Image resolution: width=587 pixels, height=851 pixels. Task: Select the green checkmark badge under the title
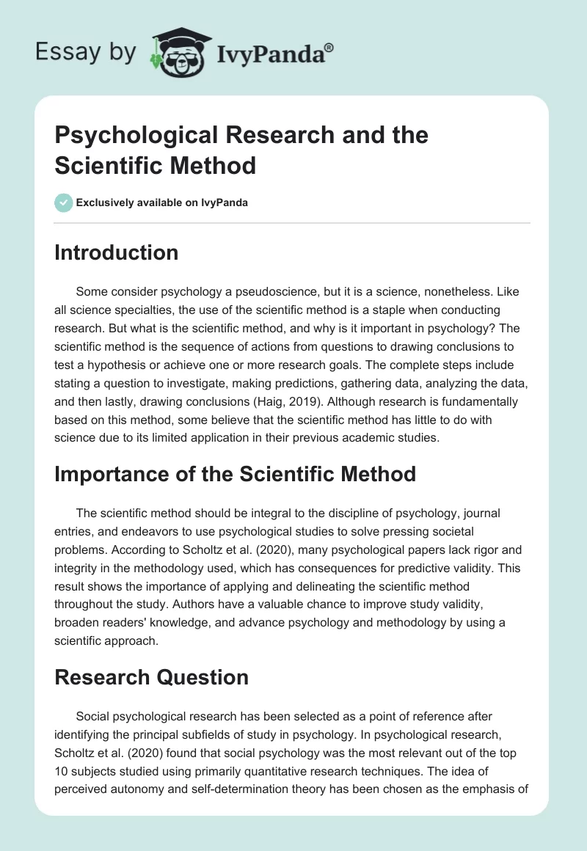click(63, 202)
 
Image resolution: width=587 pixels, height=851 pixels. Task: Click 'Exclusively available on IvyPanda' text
click(161, 202)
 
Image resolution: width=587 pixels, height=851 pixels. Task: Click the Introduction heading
click(117, 252)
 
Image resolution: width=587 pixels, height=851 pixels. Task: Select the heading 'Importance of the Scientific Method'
click(235, 473)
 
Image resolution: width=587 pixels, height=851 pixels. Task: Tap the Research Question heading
click(151, 677)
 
